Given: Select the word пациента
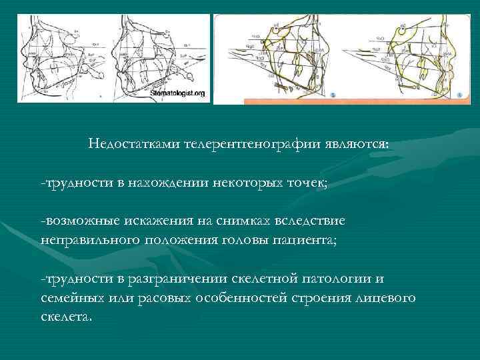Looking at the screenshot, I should pyautogui.click(x=313, y=239).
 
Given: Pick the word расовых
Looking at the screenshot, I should pyautogui.click(x=163, y=297).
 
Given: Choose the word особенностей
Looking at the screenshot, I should pyautogui.click(x=241, y=297).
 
